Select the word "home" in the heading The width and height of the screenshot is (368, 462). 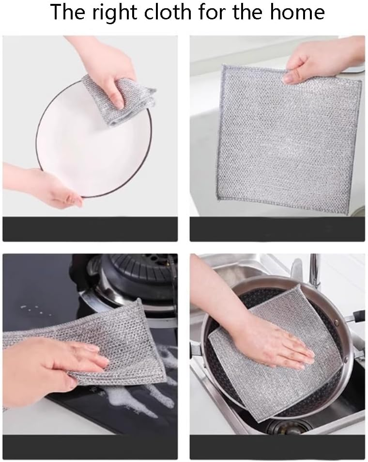[x=296, y=11]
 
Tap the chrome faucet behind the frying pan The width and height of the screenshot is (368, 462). [x=315, y=271]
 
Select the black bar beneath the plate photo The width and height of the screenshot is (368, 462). [x=90, y=229]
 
